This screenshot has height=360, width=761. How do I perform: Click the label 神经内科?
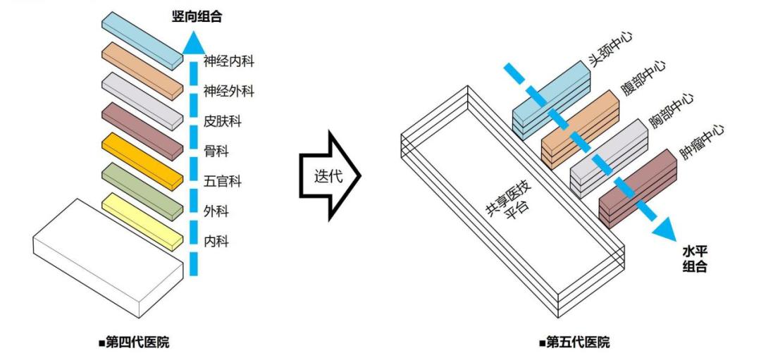(229, 61)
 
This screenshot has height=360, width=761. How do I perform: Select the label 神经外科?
(229, 92)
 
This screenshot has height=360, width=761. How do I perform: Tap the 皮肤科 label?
(223, 122)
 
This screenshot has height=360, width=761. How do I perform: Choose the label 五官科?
(223, 182)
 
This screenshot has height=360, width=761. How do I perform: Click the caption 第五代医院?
(574, 343)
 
